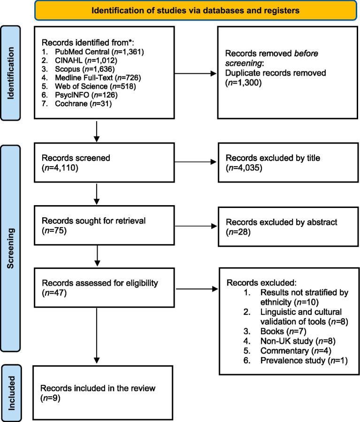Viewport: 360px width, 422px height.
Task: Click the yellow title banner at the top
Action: [x=196, y=10]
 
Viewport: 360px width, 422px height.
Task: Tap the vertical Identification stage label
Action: [x=10, y=73]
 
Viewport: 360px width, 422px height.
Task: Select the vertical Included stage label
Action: [x=11, y=393]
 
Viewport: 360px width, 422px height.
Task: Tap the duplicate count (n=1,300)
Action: [x=243, y=83]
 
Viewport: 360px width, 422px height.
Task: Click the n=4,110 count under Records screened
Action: [x=60, y=168]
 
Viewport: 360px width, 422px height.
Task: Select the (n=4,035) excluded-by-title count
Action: [x=244, y=168]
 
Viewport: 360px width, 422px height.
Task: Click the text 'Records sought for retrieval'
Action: [x=93, y=221]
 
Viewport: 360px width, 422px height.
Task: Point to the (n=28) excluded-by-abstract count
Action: [x=238, y=232]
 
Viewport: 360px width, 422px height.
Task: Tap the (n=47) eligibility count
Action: [x=54, y=293]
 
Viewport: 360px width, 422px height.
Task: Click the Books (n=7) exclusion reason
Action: [x=283, y=331]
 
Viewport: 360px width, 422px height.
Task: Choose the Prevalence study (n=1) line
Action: [x=304, y=361]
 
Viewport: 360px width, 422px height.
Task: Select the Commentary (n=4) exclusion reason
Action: [x=296, y=351]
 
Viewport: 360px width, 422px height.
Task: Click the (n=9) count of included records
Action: [x=50, y=398]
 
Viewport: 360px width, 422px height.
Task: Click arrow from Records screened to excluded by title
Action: [x=196, y=162]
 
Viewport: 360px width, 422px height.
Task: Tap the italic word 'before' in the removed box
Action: [x=306, y=54]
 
